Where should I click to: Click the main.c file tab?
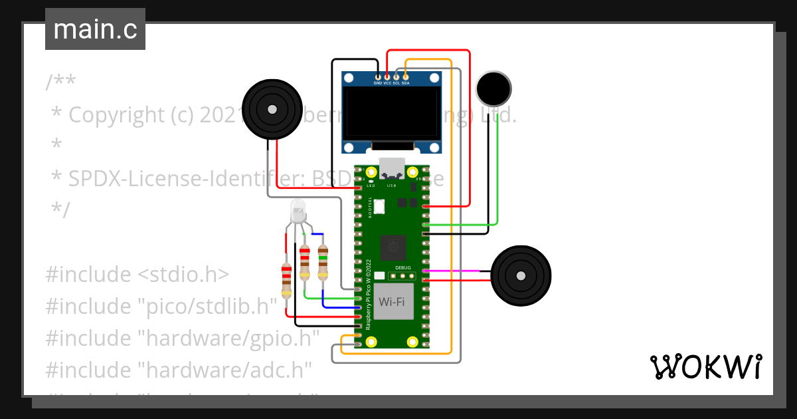(95, 30)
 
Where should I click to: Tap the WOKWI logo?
(705, 366)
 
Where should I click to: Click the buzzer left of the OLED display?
(271, 110)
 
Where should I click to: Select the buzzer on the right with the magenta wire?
(521, 275)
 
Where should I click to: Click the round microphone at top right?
(493, 88)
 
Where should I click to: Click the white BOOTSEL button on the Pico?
(379, 207)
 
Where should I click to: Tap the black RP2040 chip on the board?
(393, 248)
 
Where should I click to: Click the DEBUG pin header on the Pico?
(401, 275)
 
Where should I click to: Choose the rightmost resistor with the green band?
(323, 262)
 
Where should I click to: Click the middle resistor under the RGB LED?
(305, 262)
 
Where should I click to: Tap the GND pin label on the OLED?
(378, 83)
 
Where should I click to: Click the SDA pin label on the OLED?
(406, 83)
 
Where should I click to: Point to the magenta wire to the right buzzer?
(458, 271)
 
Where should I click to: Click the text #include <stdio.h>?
(137, 274)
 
